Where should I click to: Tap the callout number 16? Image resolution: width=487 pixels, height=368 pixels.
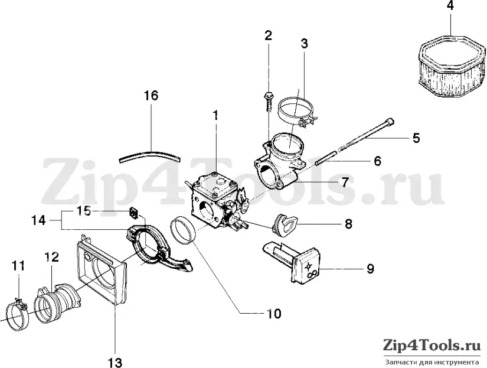click(x=151, y=96)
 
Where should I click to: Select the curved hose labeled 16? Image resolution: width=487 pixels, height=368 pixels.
click(x=151, y=155)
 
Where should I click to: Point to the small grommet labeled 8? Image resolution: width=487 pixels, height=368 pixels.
click(x=284, y=224)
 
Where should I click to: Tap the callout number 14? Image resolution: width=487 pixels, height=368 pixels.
click(x=38, y=221)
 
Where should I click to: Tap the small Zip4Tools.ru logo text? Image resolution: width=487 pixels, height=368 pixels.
click(x=432, y=346)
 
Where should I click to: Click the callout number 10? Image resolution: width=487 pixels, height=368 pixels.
click(x=273, y=314)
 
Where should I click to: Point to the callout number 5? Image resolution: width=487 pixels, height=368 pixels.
click(x=416, y=138)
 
